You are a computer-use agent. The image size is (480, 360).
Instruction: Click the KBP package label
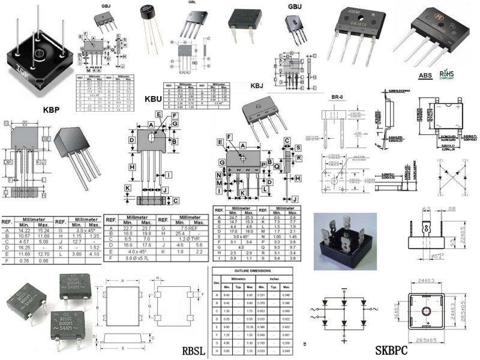pyautogui.click(x=55, y=110)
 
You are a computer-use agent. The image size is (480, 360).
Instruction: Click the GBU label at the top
pyautogui.click(x=295, y=7)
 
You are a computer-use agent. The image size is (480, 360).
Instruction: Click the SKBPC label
pyautogui.click(x=395, y=350)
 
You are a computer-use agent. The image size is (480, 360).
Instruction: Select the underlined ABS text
pyautogui.click(x=425, y=76)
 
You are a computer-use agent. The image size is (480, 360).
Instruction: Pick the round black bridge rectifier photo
pyautogui.click(x=146, y=11)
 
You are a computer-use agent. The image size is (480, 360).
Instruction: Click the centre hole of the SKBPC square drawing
pyautogui.click(x=425, y=311)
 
